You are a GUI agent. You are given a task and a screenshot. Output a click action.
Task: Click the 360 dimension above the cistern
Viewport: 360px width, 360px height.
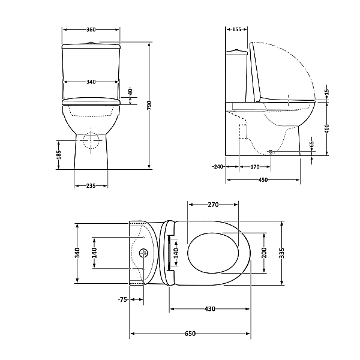[x=91, y=29]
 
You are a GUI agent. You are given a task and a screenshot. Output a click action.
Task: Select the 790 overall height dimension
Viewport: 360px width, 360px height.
[x=149, y=106]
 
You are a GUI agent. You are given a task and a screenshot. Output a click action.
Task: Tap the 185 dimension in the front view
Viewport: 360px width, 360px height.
[x=58, y=154]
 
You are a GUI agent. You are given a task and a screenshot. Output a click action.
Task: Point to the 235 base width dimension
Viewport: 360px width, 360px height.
[x=91, y=186]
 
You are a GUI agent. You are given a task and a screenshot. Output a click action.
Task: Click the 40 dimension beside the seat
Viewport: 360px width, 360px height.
[x=130, y=92]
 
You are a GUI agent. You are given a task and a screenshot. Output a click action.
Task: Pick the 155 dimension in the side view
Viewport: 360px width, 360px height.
[x=236, y=29]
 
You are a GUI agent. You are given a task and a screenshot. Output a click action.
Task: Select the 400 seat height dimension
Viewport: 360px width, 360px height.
[x=327, y=129]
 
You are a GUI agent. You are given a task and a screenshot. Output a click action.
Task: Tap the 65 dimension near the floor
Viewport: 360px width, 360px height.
[x=312, y=145]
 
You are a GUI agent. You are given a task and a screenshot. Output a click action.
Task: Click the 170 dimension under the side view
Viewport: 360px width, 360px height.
[x=254, y=167]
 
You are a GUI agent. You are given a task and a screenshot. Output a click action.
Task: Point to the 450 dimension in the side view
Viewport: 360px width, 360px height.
[x=263, y=179]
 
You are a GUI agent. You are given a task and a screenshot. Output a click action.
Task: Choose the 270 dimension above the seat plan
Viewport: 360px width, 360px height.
[x=213, y=205]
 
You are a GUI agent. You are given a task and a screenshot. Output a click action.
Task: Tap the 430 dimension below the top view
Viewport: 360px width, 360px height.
[x=209, y=309]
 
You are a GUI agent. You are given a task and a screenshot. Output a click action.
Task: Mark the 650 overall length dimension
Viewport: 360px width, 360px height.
[x=190, y=334]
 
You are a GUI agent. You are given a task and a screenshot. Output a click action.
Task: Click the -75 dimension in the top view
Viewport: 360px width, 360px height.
[x=122, y=299]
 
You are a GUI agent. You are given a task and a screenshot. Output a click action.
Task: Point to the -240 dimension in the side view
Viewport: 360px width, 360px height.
[x=217, y=167]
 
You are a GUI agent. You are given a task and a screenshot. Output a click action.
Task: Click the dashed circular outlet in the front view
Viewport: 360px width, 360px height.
[x=91, y=140]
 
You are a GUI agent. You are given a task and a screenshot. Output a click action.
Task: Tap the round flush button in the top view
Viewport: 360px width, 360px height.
[x=144, y=253]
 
